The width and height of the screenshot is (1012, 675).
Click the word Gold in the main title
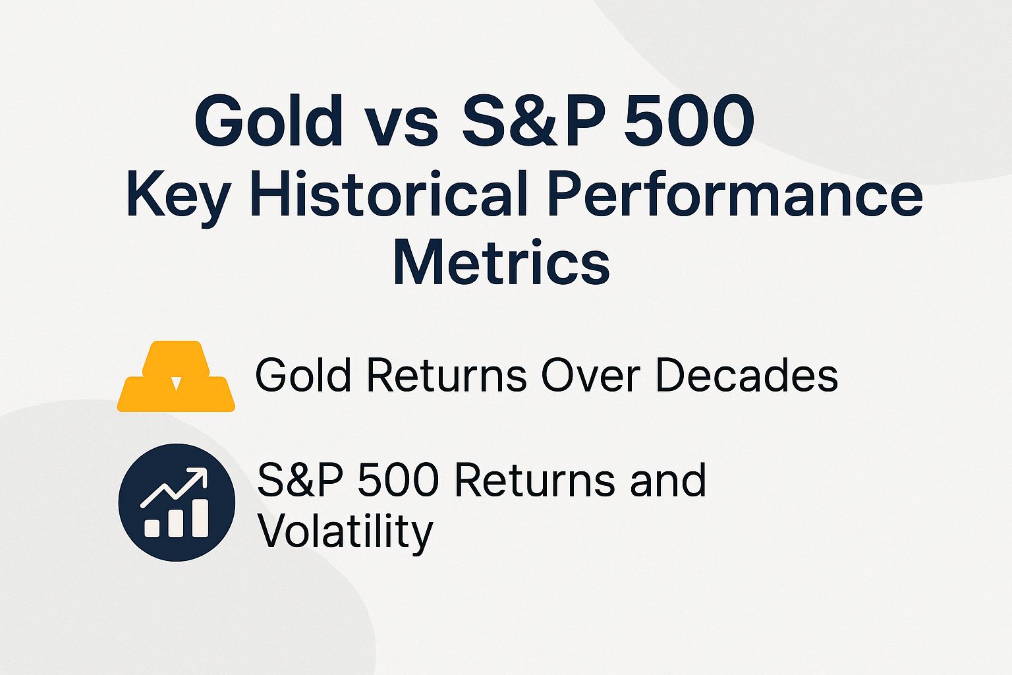click(x=269, y=122)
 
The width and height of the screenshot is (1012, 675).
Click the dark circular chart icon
click(x=177, y=502)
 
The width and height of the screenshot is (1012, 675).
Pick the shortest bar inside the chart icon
click(x=152, y=527)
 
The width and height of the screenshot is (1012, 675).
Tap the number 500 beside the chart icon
click(x=397, y=481)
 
